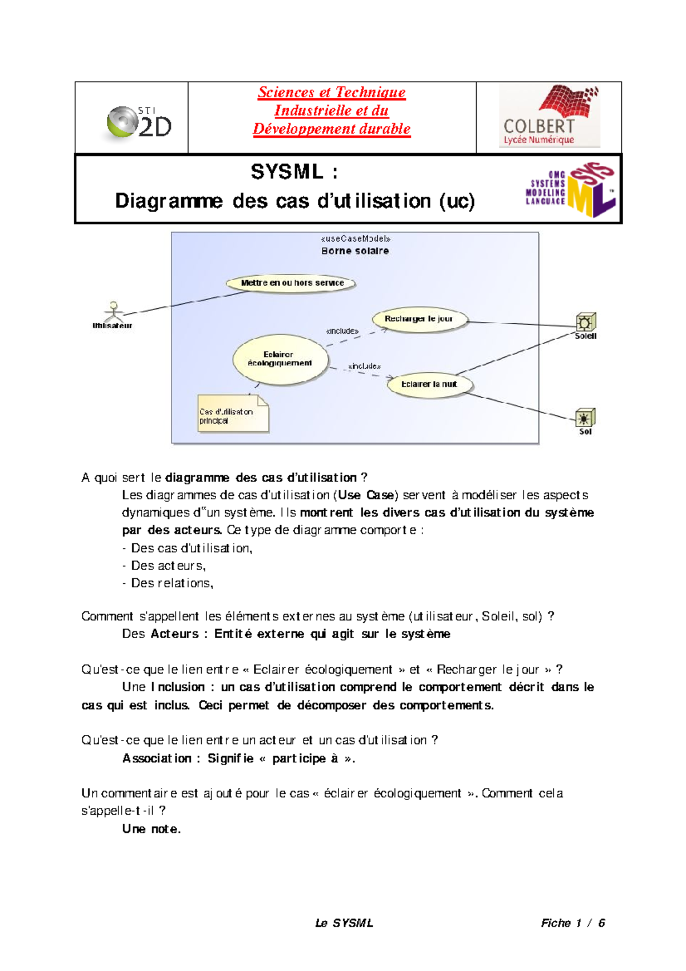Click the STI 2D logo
click(139, 122)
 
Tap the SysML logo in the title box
click(572, 189)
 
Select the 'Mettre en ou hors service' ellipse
click(292, 283)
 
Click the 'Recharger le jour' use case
click(419, 319)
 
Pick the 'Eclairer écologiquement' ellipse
click(280, 359)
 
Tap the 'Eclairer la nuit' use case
click(429, 384)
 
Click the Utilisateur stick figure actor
click(114, 312)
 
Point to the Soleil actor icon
click(585, 322)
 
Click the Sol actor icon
click(585, 418)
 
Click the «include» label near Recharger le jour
click(342, 331)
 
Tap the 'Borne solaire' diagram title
click(355, 251)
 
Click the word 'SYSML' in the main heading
click(287, 172)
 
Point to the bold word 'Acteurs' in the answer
click(174, 634)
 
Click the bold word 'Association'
click(157, 758)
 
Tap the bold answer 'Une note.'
click(151, 829)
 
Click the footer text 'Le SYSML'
click(344, 922)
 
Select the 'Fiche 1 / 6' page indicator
click(573, 922)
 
